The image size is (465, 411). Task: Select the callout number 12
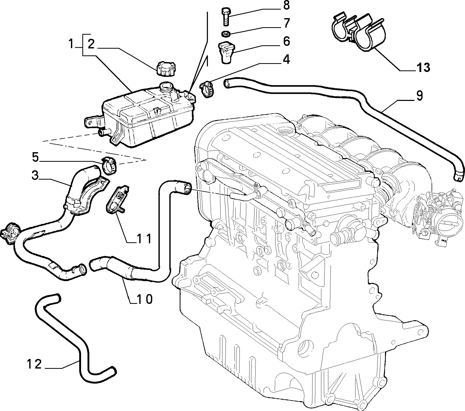click(34, 364)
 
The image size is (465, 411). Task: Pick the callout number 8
click(286, 5)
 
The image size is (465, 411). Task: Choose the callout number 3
click(35, 175)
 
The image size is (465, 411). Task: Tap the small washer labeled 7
click(226, 34)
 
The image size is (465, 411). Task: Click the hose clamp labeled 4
click(207, 89)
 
